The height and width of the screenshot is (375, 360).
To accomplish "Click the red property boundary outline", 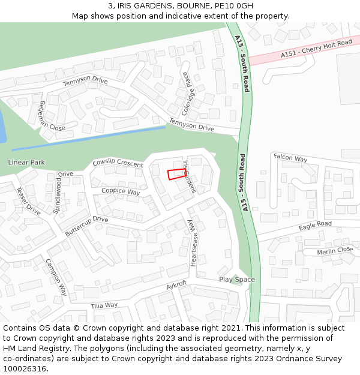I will tap(176, 174).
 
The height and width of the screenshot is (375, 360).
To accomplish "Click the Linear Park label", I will tap(26, 163).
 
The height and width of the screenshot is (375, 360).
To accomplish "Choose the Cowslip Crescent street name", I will tap(118, 163).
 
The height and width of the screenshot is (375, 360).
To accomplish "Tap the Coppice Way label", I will tap(121, 191).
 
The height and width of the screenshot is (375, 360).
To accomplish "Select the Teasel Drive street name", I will tap(28, 201).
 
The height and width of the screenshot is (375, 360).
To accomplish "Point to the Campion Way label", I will tap(56, 277).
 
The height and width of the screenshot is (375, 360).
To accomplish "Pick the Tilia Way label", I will tap(104, 305).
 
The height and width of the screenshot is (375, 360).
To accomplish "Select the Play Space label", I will tap(236, 280).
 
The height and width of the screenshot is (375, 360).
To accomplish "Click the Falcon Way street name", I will tap(290, 158).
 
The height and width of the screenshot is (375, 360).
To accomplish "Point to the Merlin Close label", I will tap(335, 250).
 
